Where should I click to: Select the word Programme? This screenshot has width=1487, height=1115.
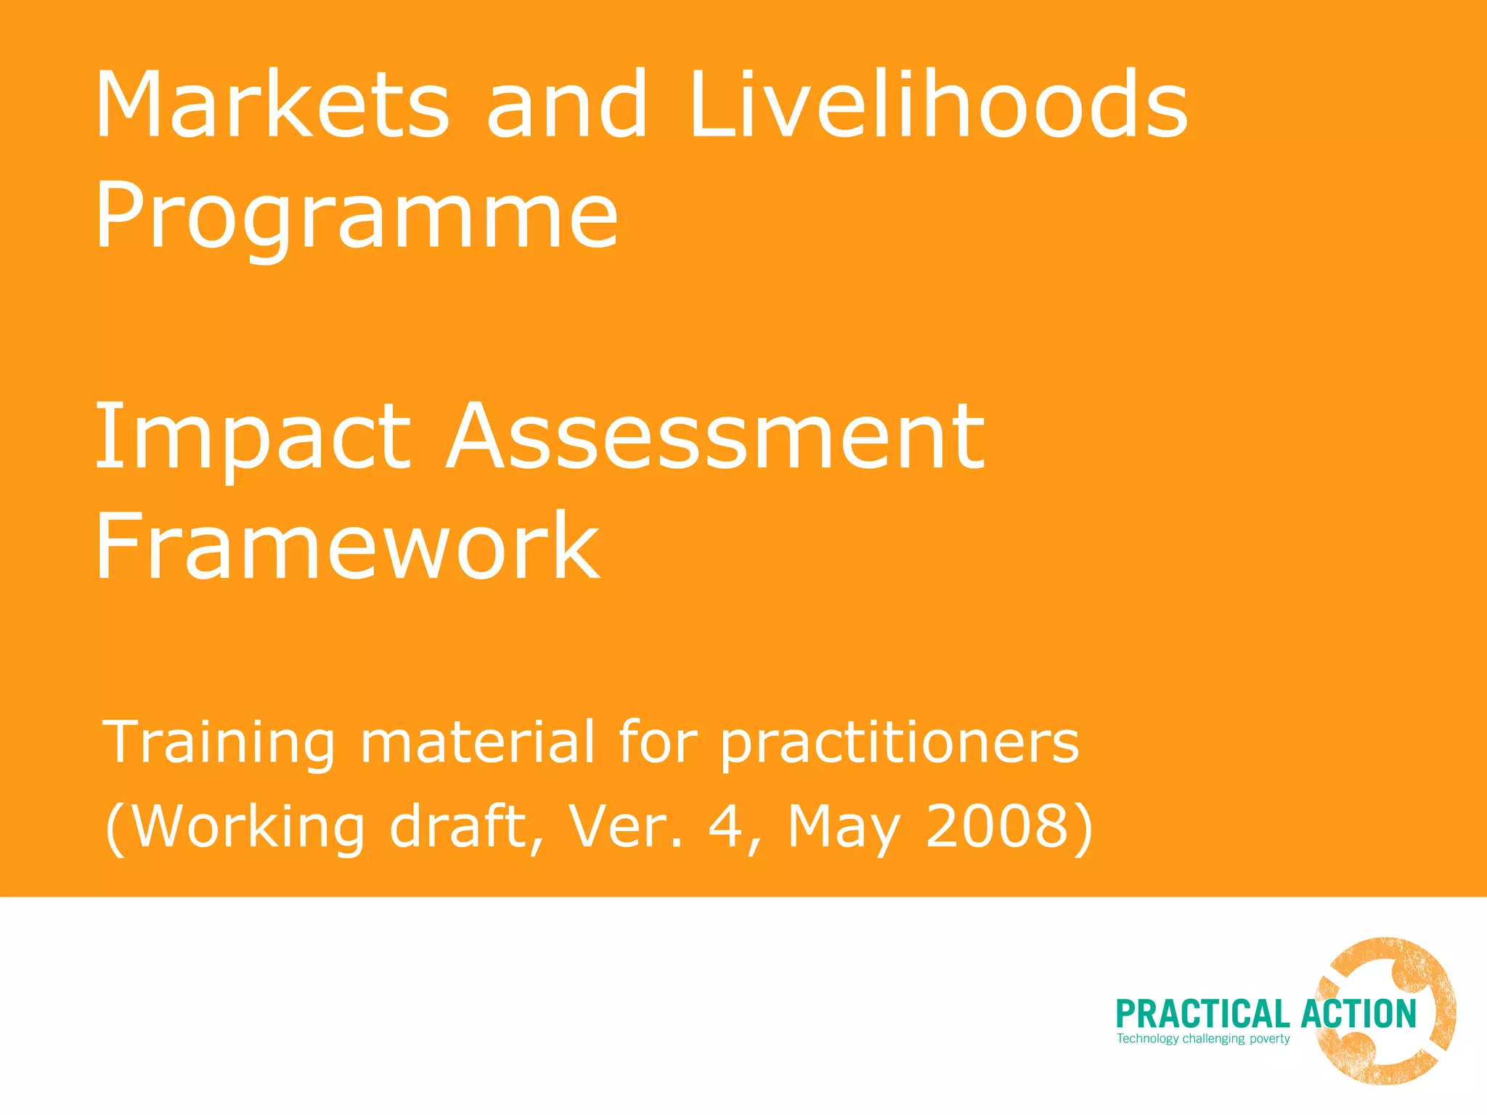point(357,216)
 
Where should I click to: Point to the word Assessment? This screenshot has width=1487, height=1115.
point(715,438)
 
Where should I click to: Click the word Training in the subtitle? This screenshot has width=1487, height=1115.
point(219,742)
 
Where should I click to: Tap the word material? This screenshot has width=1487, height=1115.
point(477,742)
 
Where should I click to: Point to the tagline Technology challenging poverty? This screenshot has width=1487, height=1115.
point(1203,1039)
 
